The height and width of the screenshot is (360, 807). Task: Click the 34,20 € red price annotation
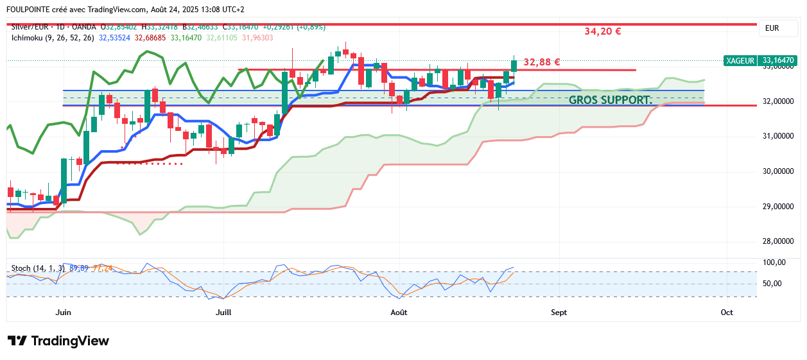tap(602, 31)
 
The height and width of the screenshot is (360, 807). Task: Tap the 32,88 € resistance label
tap(542, 62)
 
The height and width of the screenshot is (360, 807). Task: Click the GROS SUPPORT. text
tap(610, 100)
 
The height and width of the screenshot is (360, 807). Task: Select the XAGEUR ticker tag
tap(740, 60)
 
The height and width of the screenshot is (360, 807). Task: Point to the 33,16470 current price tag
tap(778, 60)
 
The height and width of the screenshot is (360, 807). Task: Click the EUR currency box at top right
tap(772, 28)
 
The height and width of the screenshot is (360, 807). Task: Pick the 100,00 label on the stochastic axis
tap(774, 262)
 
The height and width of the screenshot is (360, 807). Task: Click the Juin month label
tap(63, 313)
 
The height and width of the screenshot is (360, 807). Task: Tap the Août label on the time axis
tap(399, 313)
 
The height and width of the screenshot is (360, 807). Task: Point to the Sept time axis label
tap(559, 313)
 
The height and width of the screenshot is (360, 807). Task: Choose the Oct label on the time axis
tap(727, 313)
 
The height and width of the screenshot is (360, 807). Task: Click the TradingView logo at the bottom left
tap(58, 341)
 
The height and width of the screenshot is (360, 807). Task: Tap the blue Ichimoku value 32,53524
tap(114, 38)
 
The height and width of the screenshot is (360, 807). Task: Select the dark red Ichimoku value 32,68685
tap(150, 38)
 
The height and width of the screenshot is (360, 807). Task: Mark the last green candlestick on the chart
tap(514, 65)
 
